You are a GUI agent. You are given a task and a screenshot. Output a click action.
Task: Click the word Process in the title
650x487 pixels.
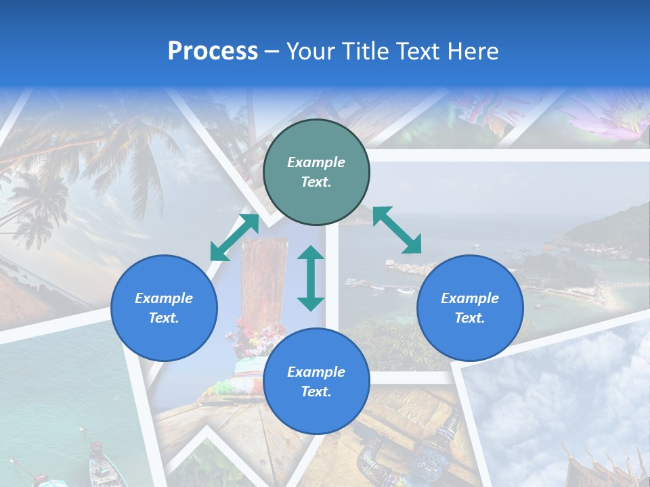tap(213, 51)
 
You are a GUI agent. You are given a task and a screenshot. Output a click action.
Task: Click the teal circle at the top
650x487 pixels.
tap(316, 172)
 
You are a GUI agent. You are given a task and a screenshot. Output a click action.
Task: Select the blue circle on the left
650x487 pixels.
tap(164, 308)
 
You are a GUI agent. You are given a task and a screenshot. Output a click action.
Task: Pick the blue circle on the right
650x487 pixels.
tap(470, 308)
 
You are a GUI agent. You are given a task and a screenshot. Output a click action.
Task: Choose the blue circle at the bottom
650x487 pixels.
tap(316, 381)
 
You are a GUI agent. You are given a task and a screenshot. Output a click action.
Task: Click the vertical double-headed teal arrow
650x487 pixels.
tap(311, 278)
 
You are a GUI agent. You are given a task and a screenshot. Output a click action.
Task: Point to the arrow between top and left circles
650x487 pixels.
tap(235, 237)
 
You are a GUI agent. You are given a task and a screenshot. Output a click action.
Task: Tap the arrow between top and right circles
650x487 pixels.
tap(397, 230)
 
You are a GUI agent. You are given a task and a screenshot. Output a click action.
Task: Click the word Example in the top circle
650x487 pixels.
tap(316, 162)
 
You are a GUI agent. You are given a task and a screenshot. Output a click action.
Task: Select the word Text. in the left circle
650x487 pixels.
tap(164, 318)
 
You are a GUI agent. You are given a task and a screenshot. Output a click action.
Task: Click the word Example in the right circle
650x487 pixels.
tap(470, 298)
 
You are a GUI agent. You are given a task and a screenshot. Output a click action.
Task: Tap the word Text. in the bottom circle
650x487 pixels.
tap(316, 392)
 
